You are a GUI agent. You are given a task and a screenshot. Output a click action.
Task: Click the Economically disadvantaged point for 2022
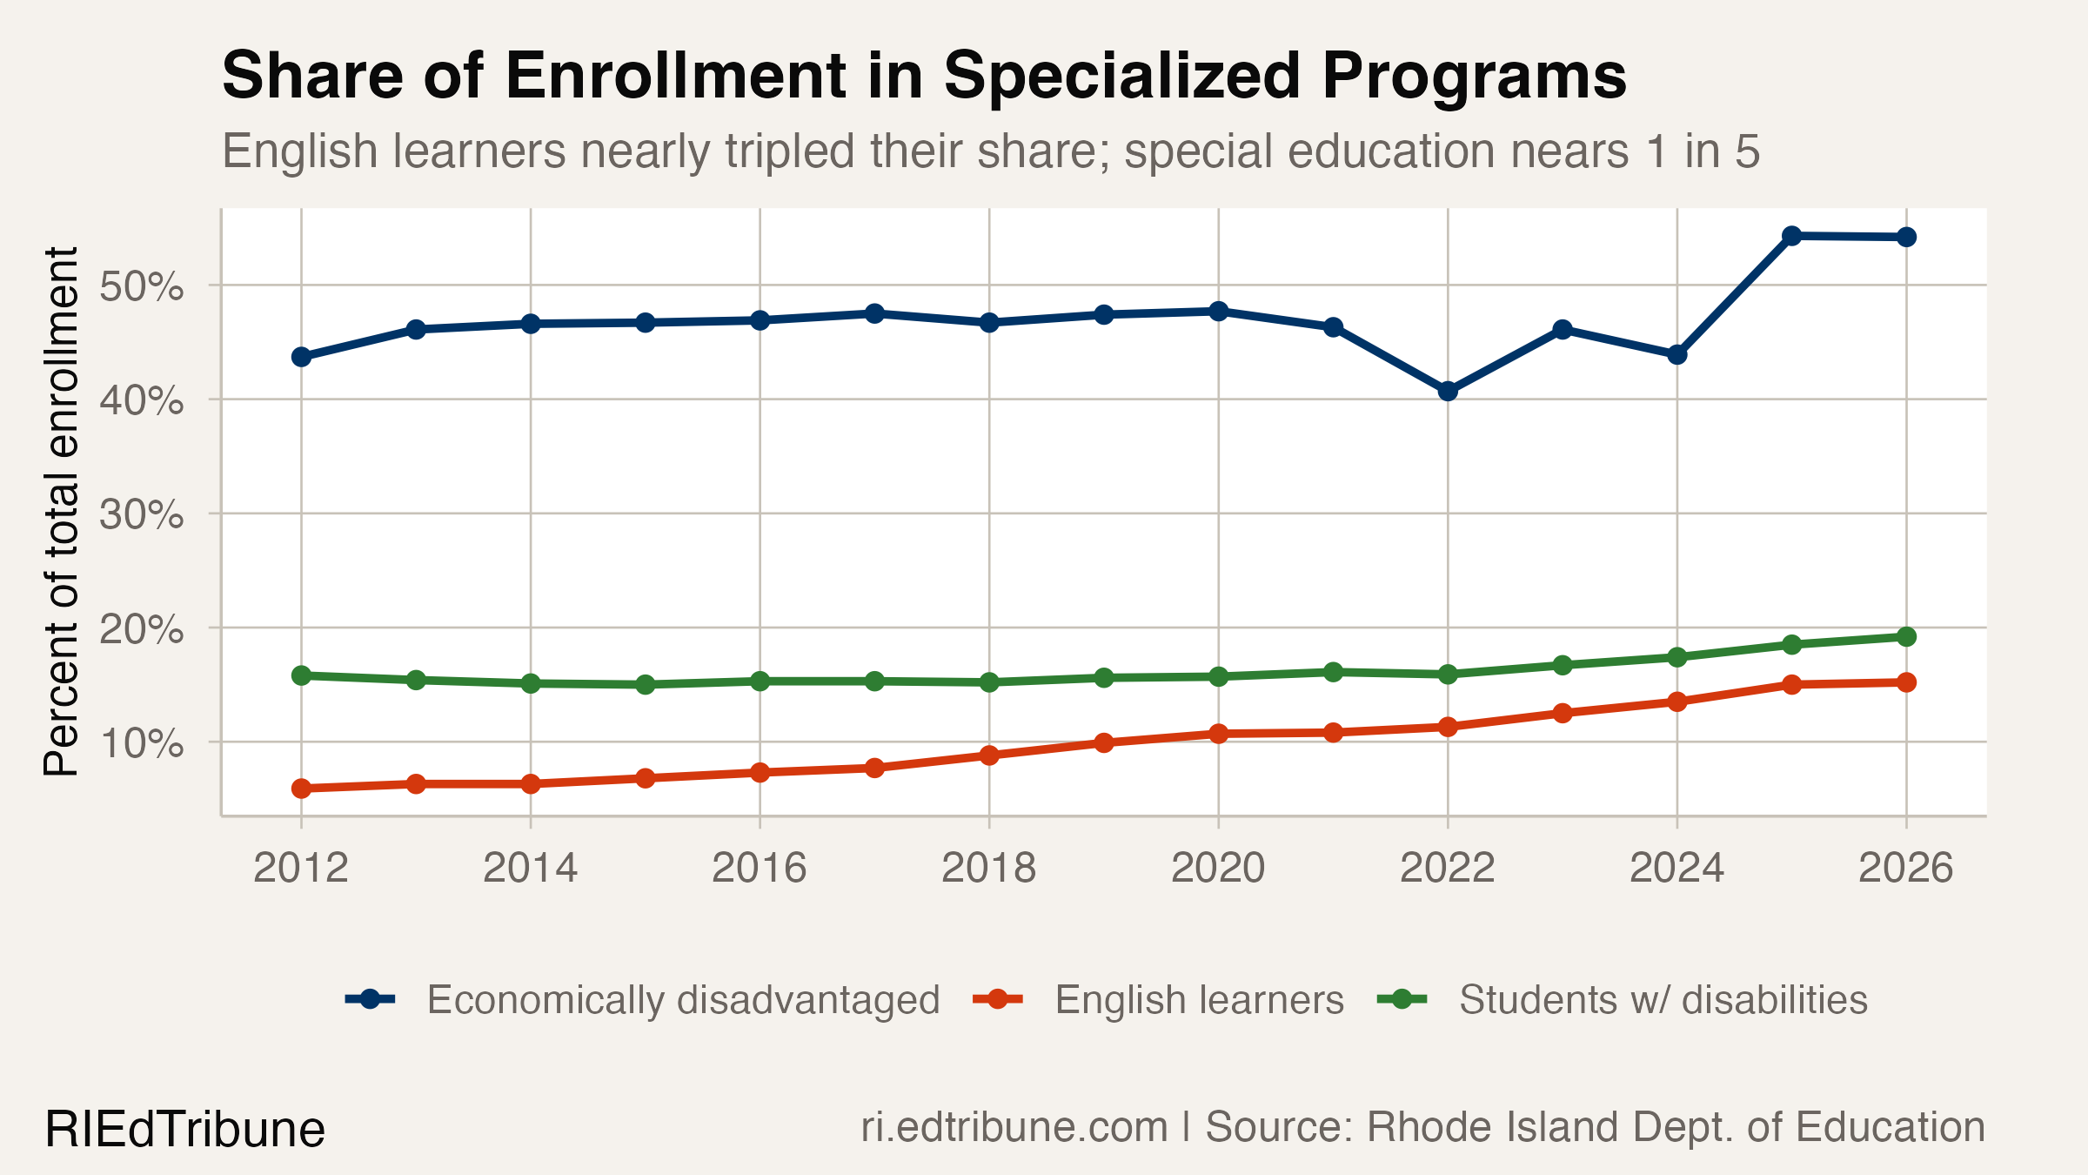pyautogui.click(x=1448, y=391)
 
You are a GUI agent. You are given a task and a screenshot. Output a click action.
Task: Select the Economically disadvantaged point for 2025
pyautogui.click(x=1791, y=236)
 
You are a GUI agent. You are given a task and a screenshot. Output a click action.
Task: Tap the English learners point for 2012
pyautogui.click(x=301, y=789)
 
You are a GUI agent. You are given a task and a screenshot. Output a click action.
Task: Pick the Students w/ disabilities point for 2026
pyautogui.click(x=1906, y=637)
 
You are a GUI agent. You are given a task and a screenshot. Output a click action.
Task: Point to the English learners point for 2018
pyautogui.click(x=989, y=755)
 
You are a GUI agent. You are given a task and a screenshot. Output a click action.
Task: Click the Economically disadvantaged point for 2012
pyautogui.click(x=301, y=357)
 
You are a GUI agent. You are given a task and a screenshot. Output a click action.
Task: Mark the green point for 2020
pyautogui.click(x=1218, y=676)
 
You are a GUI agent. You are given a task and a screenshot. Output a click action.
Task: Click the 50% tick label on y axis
pyautogui.click(x=141, y=286)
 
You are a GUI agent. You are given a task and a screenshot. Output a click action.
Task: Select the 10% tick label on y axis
pyautogui.click(x=141, y=743)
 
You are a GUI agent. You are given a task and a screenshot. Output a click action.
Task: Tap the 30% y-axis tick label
pyautogui.click(x=141, y=515)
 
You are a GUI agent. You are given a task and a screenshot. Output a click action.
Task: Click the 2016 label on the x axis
pyautogui.click(x=759, y=868)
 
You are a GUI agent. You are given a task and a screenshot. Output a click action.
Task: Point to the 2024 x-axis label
pyautogui.click(x=1676, y=868)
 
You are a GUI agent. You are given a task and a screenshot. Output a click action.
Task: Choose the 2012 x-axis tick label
pyautogui.click(x=301, y=868)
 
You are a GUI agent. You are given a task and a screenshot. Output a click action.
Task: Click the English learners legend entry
pyautogui.click(x=1199, y=1000)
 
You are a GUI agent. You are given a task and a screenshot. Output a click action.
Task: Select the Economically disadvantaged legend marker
pyautogui.click(x=371, y=999)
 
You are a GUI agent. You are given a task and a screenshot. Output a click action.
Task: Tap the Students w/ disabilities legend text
pyautogui.click(x=1663, y=1000)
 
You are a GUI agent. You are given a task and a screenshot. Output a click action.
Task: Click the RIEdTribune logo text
pyautogui.click(x=184, y=1130)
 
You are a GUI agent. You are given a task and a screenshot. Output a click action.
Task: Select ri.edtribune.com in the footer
pyautogui.click(x=1014, y=1128)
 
